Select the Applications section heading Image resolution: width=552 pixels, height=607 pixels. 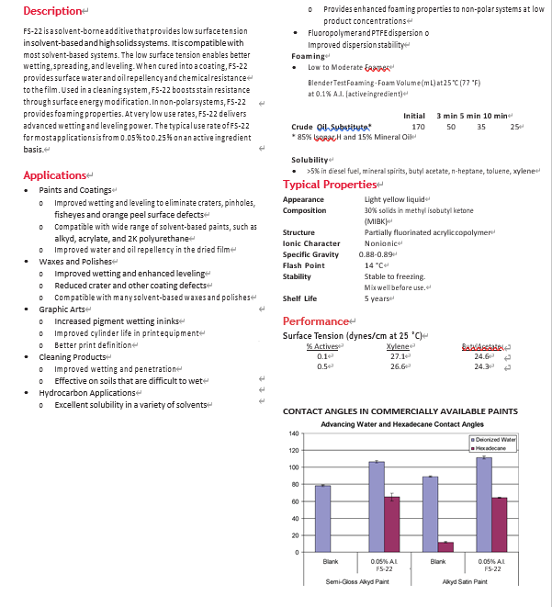54,174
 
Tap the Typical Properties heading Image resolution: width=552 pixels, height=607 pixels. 331,185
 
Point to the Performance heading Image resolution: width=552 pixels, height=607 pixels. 315,321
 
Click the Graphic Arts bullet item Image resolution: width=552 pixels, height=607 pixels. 62,309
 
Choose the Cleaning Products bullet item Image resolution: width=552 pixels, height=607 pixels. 73,356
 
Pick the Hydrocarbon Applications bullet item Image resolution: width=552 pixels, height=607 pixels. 86,392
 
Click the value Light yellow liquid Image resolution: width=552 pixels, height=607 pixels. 395,199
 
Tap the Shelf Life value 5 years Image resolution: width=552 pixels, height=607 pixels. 378,298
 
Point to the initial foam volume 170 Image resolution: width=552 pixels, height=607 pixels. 419,126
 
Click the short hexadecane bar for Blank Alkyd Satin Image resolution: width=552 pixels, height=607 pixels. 445,546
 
